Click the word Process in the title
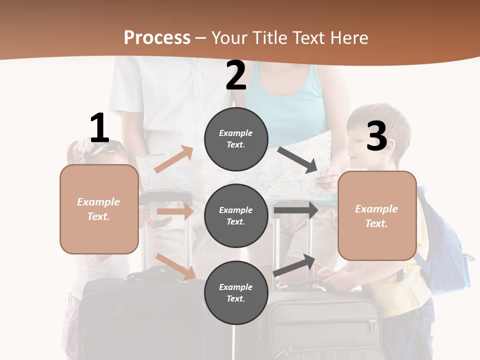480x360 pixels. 157,38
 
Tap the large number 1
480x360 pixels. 99,128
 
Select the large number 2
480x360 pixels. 236,75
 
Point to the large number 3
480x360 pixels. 376,136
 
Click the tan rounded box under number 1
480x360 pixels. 99,209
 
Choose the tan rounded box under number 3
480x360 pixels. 377,216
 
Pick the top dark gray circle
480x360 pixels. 236,139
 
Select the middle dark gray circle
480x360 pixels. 236,216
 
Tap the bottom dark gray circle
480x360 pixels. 236,292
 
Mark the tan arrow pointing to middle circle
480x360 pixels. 175,211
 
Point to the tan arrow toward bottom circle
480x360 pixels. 175,266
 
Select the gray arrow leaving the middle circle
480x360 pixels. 295,210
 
